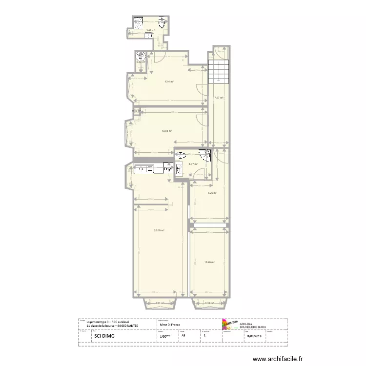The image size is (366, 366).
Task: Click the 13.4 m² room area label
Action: (169, 82)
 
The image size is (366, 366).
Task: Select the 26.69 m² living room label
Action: (159, 230)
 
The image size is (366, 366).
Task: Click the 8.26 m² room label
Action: (212, 193)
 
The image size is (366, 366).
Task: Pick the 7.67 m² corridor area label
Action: (218, 98)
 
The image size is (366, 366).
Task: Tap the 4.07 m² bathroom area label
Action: (193, 164)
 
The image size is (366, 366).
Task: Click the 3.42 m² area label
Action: (150, 31)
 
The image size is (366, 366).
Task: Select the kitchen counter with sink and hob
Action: (149, 169)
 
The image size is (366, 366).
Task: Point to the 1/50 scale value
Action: (165, 336)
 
